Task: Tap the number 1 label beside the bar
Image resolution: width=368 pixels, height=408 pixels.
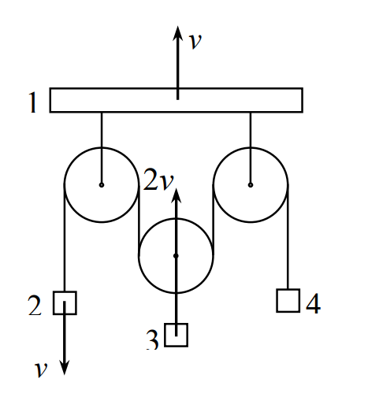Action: tap(32, 102)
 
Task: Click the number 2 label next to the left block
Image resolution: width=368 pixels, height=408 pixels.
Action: tap(35, 306)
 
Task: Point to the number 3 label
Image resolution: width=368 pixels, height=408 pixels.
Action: tap(152, 339)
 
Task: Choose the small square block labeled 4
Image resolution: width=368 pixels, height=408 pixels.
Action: tap(288, 301)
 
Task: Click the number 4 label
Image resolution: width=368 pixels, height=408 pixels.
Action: tap(313, 303)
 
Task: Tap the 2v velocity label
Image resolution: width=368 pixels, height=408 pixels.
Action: tap(158, 180)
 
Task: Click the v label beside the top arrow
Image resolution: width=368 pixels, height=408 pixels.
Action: tap(195, 41)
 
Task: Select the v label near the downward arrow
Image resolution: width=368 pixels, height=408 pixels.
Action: tap(41, 369)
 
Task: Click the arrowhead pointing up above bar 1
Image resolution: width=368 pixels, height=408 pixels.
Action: tap(178, 33)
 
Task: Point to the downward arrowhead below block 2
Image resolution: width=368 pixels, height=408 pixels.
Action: tap(65, 368)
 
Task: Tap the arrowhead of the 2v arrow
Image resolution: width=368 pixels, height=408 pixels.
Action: tap(176, 195)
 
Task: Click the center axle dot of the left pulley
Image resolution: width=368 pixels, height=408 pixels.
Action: tap(102, 185)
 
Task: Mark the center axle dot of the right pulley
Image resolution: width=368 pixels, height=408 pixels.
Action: tap(251, 185)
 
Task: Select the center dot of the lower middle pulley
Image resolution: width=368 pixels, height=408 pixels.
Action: tap(176, 256)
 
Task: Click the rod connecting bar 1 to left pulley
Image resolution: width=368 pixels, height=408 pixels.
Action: tap(102, 148)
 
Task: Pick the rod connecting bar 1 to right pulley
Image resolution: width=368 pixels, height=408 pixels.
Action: tap(251, 148)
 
